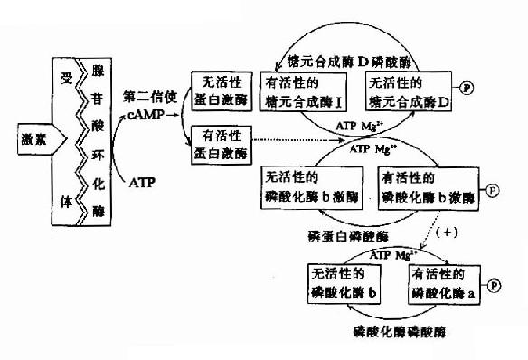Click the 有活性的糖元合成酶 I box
tap(302, 91)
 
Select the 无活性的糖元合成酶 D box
tap(407, 91)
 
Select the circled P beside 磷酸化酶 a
tap(496, 283)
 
